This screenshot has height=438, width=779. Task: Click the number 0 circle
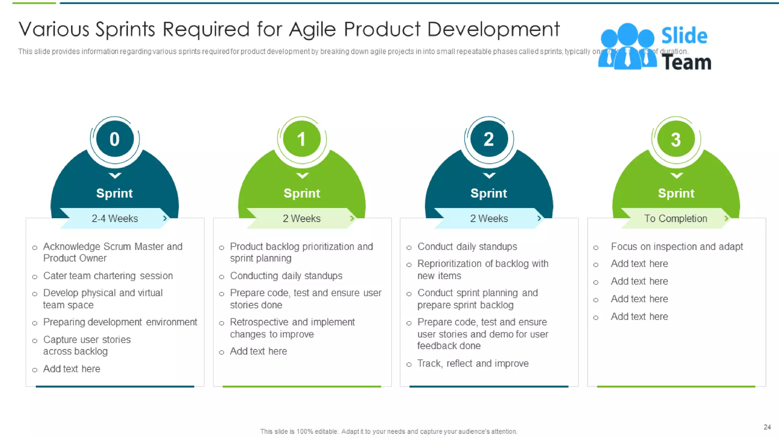click(x=114, y=139)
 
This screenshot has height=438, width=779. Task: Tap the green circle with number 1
click(x=302, y=139)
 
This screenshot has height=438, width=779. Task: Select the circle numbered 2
click(x=489, y=139)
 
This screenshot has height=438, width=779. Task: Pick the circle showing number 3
click(x=676, y=139)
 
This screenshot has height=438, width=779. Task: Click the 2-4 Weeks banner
click(x=114, y=218)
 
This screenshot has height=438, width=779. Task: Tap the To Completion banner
click(x=675, y=218)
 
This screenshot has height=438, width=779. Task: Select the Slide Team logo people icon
click(x=627, y=47)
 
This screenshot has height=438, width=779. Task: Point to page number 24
click(x=767, y=427)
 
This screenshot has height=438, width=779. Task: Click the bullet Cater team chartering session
click(x=108, y=276)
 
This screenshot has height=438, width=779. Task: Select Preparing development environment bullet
click(x=120, y=322)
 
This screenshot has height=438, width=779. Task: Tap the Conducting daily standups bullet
click(x=286, y=276)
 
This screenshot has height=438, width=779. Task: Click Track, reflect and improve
click(x=473, y=363)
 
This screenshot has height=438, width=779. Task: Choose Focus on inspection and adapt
click(x=677, y=247)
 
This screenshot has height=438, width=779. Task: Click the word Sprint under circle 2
click(x=489, y=193)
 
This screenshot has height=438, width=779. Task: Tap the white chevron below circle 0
click(x=114, y=175)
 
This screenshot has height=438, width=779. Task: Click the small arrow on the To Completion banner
click(x=726, y=218)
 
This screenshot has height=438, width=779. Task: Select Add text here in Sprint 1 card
click(x=258, y=351)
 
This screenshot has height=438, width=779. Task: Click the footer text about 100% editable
click(x=389, y=432)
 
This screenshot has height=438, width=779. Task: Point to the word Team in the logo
click(x=686, y=62)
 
